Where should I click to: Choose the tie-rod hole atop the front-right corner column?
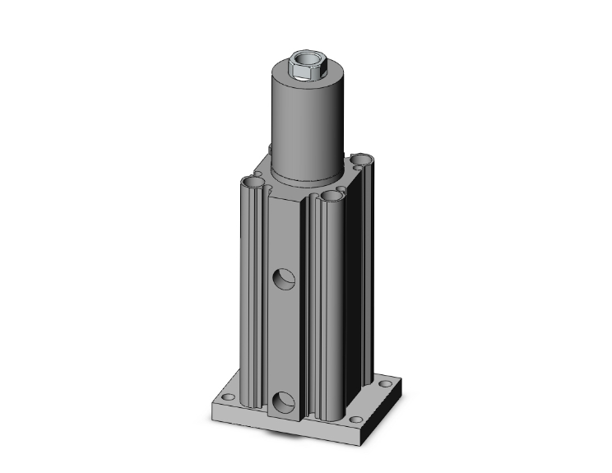[x=332, y=196]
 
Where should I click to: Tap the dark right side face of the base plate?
[x=387, y=411]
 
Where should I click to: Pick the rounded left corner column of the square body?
[x=252, y=288]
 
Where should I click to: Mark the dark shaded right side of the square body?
[x=362, y=280]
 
